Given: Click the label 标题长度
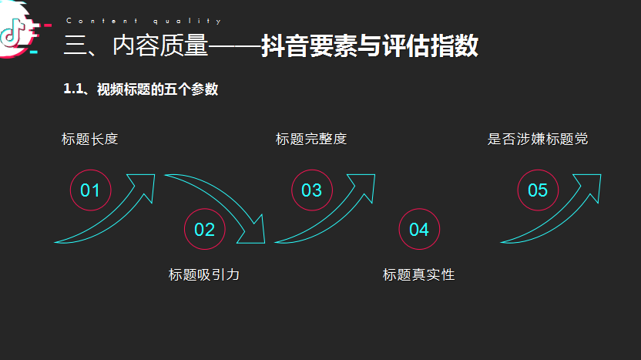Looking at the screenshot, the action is pos(90,139).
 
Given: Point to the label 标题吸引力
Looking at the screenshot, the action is pos(204,274).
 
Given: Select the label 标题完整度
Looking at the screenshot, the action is pos(311,139).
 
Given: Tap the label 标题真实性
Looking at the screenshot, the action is pos(418,274).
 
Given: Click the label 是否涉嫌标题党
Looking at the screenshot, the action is pos(538,139).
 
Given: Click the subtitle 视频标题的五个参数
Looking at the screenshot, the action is pos(157,89).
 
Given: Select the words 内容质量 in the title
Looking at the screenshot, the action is pos(160,45).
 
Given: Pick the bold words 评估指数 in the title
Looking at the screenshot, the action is pos(431,45).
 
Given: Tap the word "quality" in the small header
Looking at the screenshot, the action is pos(187,21).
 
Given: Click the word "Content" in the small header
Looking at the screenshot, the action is pos(102,21).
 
